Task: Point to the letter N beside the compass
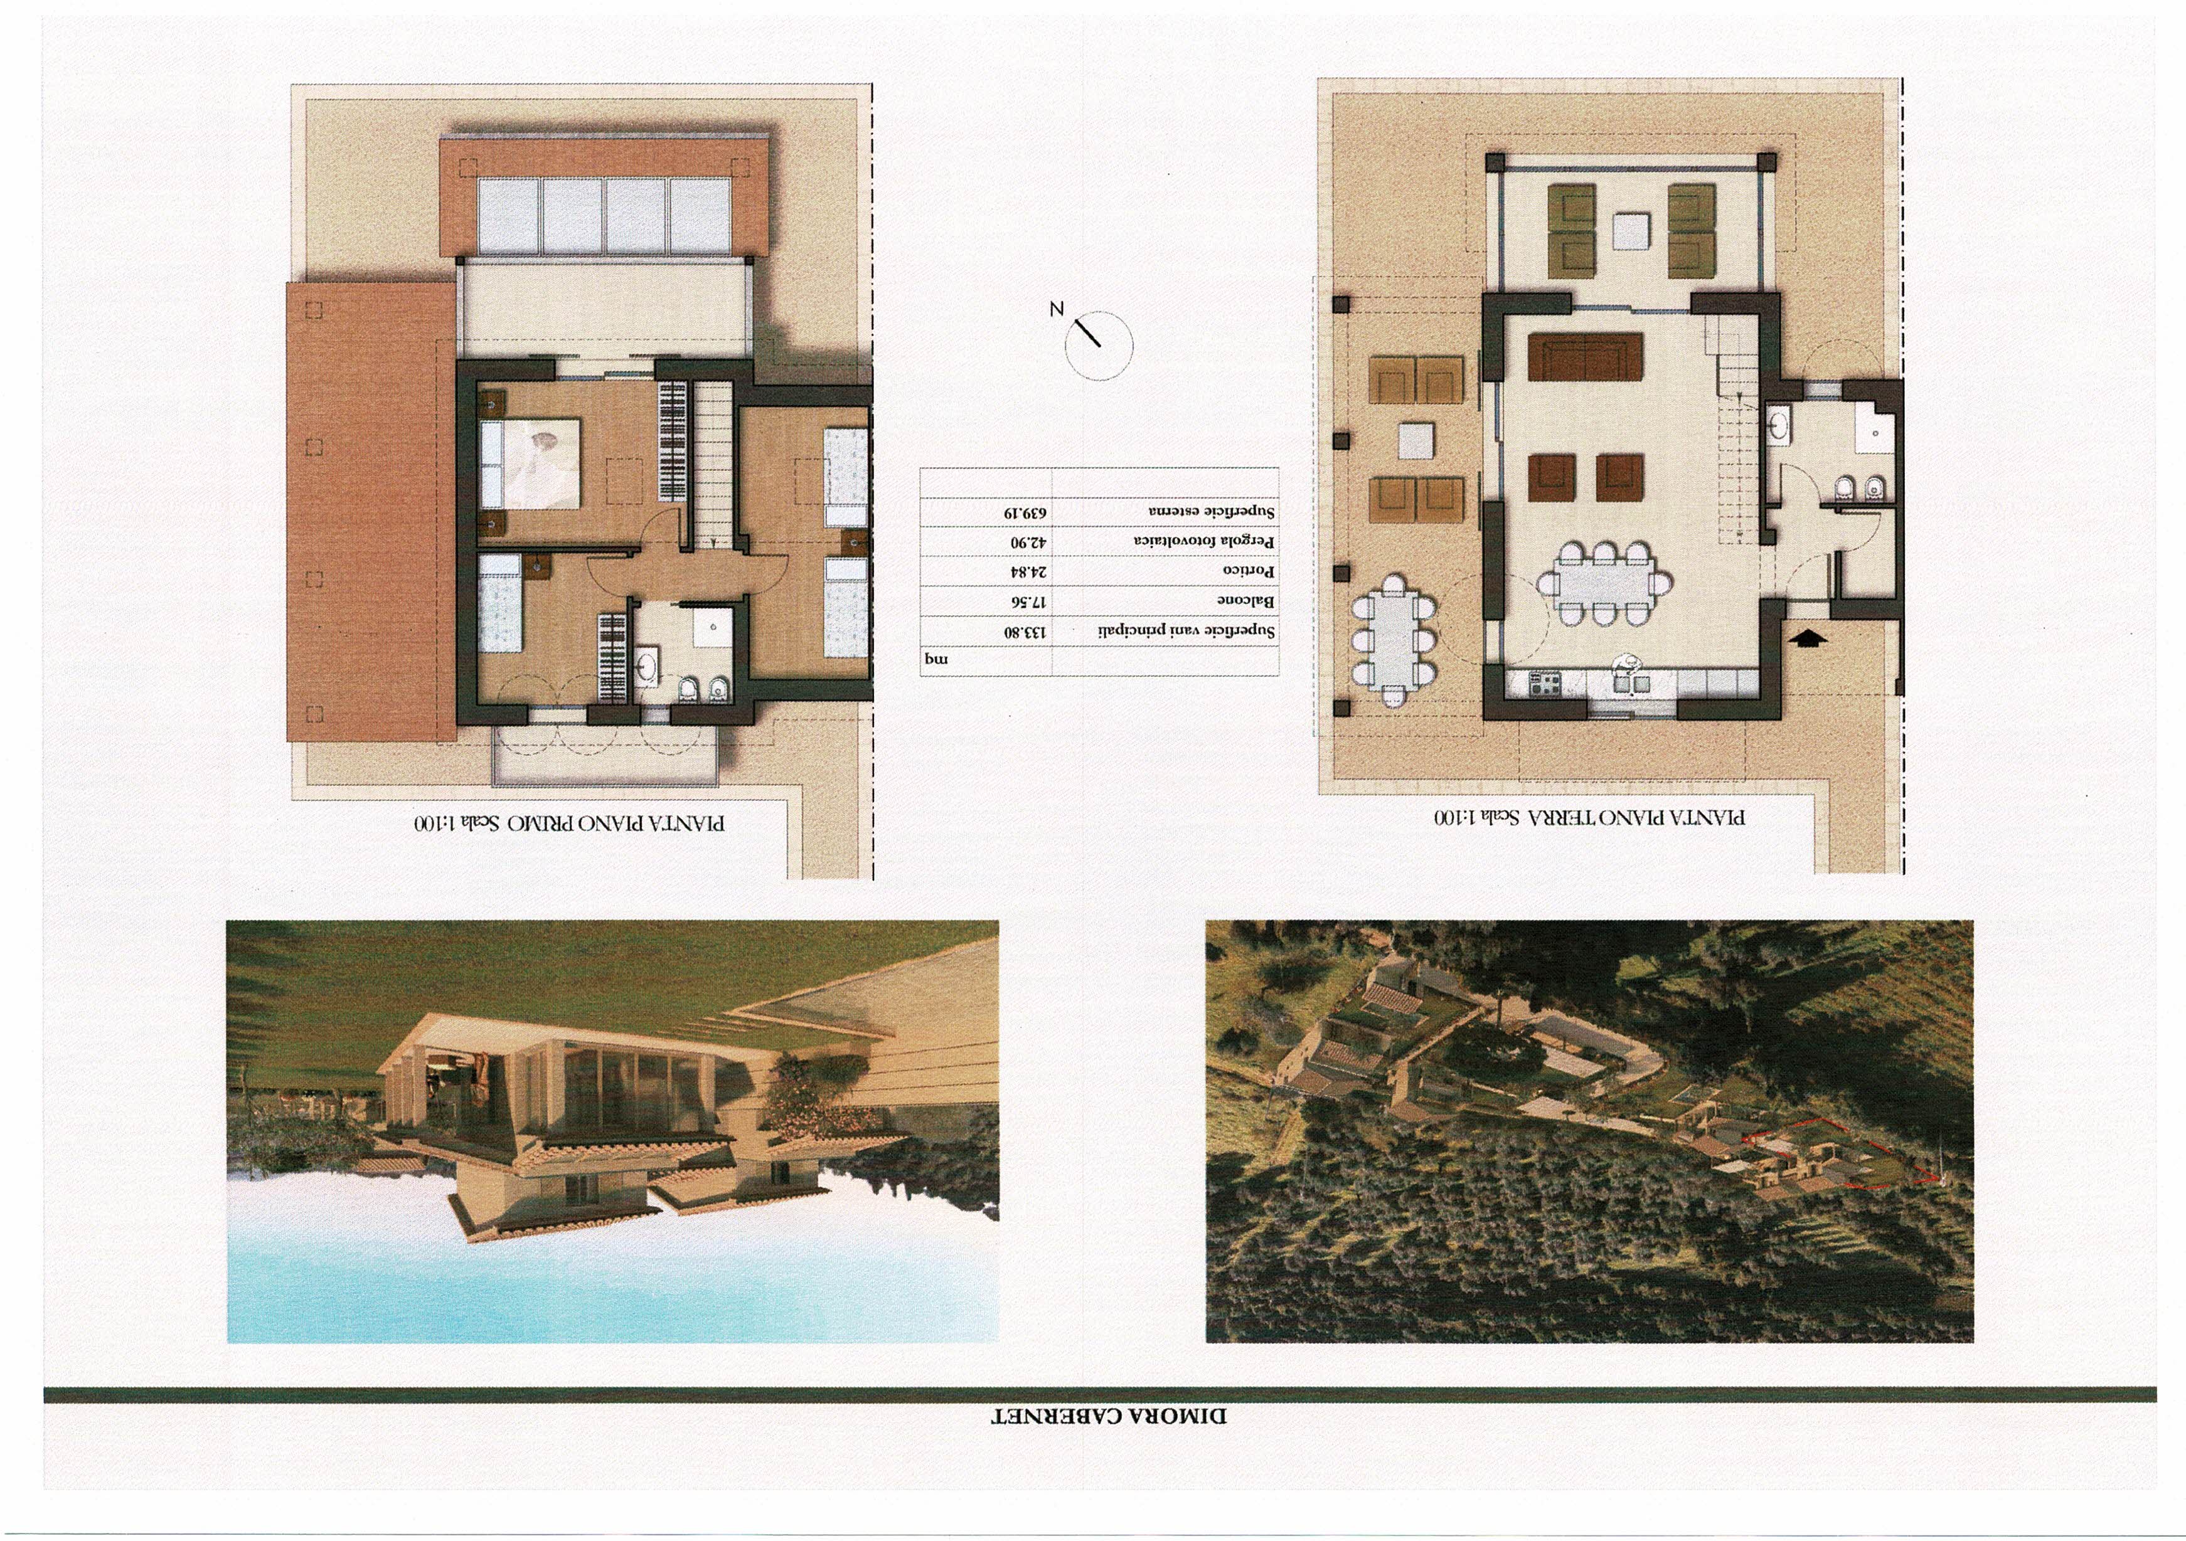[1056, 309]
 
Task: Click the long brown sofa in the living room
[1586, 357]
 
